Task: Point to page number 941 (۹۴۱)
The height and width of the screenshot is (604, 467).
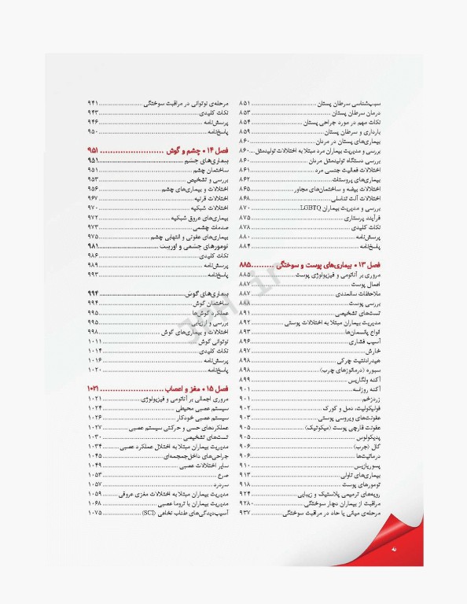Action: (x=92, y=104)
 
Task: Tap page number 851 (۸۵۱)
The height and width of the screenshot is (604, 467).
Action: (x=245, y=104)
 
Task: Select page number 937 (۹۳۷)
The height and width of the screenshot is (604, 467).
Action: (x=245, y=512)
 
